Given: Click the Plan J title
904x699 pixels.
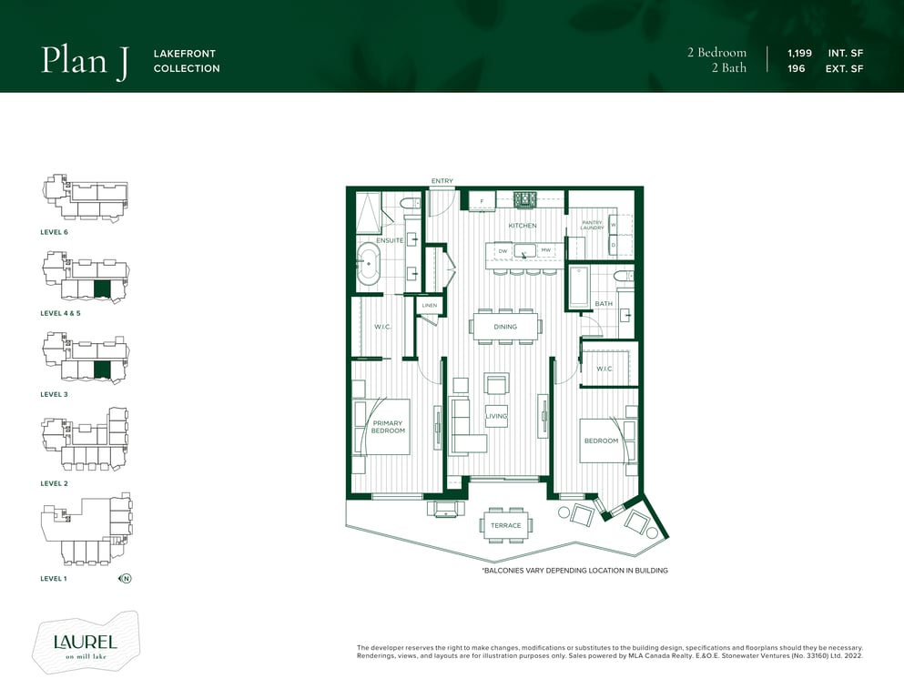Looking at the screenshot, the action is (85, 60).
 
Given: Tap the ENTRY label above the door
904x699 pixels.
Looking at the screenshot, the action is (442, 181).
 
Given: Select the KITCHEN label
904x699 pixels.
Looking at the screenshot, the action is (523, 226).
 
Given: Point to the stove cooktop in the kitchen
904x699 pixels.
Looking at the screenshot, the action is (526, 199).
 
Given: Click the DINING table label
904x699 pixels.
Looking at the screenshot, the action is (505, 327).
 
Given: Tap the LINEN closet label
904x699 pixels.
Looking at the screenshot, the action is (430, 306).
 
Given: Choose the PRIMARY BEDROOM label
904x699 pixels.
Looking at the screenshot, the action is (388, 427).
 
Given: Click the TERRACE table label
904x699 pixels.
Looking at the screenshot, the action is (505, 525).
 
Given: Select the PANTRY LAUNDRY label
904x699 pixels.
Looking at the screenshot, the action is (592, 225).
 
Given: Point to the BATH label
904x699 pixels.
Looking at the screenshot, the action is (604, 304).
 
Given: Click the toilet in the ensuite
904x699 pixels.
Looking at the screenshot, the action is (410, 203).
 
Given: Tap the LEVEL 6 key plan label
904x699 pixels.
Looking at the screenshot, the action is (55, 232).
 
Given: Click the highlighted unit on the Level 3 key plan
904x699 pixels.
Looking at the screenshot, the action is (101, 370).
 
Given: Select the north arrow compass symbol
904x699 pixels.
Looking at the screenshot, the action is (125, 578).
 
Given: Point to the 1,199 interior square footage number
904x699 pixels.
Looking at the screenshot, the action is (799, 53).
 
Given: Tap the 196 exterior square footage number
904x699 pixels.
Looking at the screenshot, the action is (797, 68).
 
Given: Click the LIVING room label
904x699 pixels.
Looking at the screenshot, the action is (496, 416).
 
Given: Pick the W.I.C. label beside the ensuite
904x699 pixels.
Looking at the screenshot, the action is (383, 327).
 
